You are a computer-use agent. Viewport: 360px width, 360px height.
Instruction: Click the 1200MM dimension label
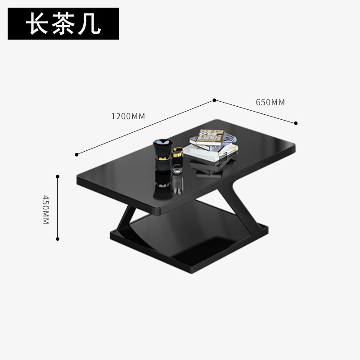[x=128, y=116]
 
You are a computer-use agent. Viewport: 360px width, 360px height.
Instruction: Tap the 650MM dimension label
[x=270, y=103]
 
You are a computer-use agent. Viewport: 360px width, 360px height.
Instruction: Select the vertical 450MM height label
[x=45, y=209]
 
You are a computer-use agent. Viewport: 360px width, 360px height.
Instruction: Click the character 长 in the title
[x=37, y=24]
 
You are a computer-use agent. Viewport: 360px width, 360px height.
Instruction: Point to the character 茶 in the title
[x=63, y=24]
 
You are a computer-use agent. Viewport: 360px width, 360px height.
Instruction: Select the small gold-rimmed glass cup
[x=177, y=154]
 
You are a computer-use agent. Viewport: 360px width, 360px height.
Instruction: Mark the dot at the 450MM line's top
[x=58, y=176]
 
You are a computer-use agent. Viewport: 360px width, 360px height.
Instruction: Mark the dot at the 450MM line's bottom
[x=58, y=239]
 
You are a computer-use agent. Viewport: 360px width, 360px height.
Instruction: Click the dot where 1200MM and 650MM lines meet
[x=214, y=100]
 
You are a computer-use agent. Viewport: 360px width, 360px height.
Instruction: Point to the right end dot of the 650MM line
[x=296, y=123]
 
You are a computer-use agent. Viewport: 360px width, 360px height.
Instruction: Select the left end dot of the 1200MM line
[x=77, y=154]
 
